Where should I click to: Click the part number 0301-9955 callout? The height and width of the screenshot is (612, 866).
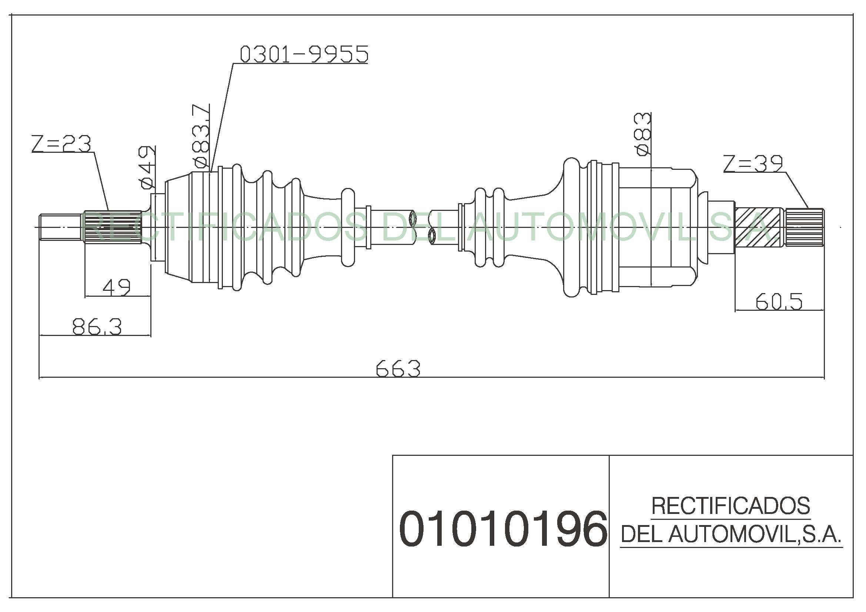click(x=304, y=54)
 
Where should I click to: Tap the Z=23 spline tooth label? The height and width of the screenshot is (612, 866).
click(x=61, y=144)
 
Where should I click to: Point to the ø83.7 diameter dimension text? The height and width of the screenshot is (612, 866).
click(x=201, y=136)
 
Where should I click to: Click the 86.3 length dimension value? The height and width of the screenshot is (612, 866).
click(x=97, y=326)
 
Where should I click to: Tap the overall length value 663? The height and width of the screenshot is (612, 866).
click(x=398, y=368)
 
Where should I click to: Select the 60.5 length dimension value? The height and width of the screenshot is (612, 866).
click(x=779, y=302)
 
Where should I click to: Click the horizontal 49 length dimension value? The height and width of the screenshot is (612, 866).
click(x=117, y=287)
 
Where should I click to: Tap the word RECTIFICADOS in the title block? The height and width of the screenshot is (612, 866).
click(x=731, y=506)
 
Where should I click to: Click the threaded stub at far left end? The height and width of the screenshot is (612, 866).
click(x=61, y=227)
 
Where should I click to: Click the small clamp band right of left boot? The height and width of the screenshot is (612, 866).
click(x=368, y=227)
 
